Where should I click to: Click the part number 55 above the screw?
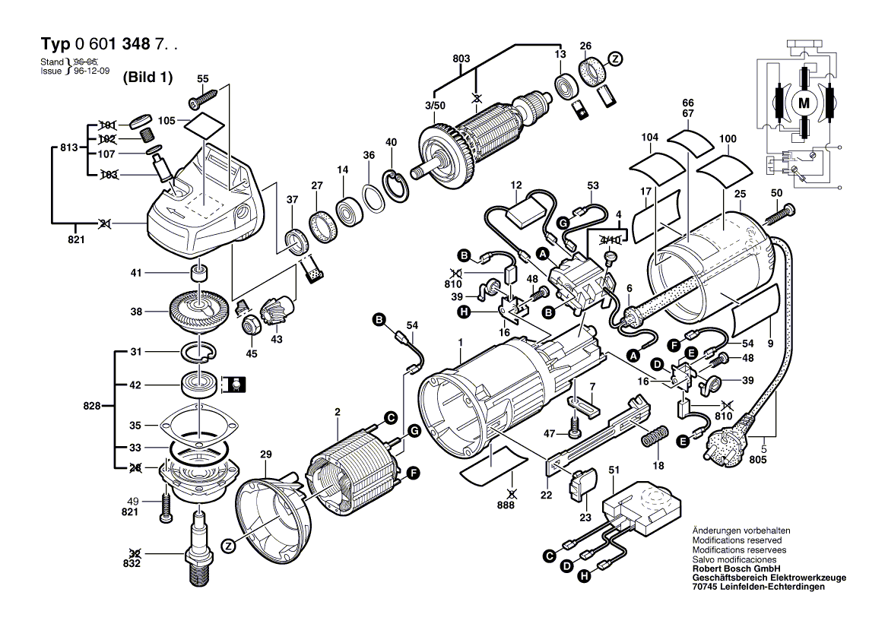pyautogui.click(x=202, y=78)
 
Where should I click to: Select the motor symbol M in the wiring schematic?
pyautogui.click(x=804, y=102)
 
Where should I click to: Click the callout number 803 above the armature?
pyautogui.click(x=461, y=58)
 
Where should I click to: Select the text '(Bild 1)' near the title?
pyautogui.click(x=147, y=77)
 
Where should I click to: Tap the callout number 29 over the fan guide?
pyautogui.click(x=265, y=455)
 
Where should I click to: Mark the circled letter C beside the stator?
pyautogui.click(x=390, y=417)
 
